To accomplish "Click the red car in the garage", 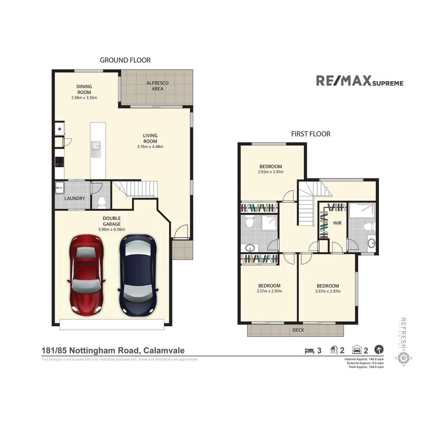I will tap(86, 274).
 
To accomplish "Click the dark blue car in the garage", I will tap(137, 275).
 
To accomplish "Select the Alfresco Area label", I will tap(157, 86).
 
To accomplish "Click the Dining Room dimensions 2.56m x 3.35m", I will tap(84, 98).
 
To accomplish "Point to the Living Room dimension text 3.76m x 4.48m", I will tap(150, 147).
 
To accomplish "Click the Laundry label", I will tap(74, 198).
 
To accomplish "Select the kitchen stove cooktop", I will tap(59, 161).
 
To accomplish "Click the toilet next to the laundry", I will tap(102, 202).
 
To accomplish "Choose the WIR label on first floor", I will tap(337, 224).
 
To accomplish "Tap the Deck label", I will tap(298, 330).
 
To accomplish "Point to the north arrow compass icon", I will tap(379, 349).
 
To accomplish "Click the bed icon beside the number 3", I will tap(310, 350).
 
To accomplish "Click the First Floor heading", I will tap(310, 134).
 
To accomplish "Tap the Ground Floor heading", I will tap(125, 60).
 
